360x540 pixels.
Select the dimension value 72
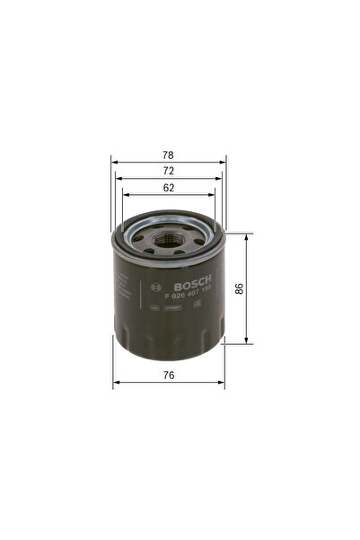[x=169, y=171]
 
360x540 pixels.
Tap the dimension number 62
[x=169, y=187]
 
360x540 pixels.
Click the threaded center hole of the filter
[x=168, y=240]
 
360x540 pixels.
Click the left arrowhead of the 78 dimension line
[x=114, y=163]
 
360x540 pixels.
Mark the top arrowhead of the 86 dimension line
[x=246, y=236]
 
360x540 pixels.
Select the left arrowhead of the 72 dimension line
[x=119, y=179]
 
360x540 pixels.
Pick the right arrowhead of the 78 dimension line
[x=224, y=163]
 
